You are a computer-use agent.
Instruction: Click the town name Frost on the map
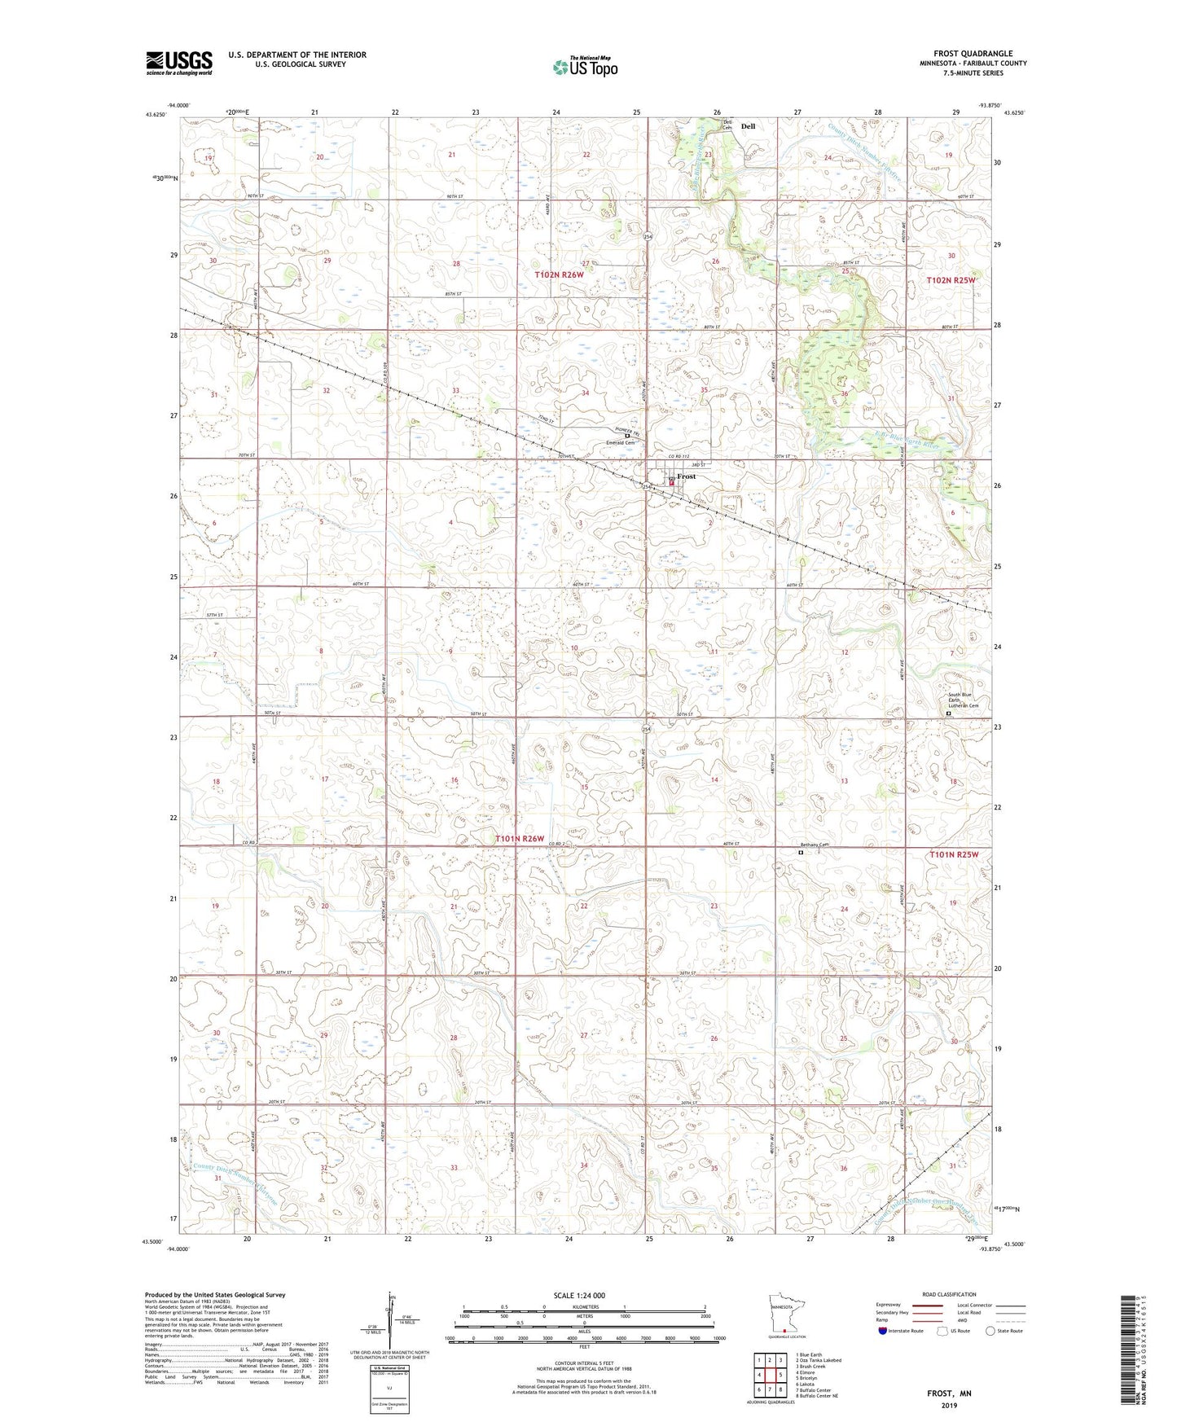pos(687,476)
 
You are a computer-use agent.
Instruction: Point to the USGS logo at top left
pos(179,63)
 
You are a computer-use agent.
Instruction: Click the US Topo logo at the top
pos(585,67)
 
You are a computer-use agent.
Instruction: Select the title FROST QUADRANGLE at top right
pos(973,53)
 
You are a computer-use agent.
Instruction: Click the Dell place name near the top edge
pos(748,126)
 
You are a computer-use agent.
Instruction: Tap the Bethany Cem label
pos(813,845)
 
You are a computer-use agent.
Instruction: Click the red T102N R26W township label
pos(560,275)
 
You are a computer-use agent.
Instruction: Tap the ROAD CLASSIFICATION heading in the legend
pos(950,1294)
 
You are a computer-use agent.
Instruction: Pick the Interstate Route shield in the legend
pos(883,1331)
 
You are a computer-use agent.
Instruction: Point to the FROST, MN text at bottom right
pos(949,1393)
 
